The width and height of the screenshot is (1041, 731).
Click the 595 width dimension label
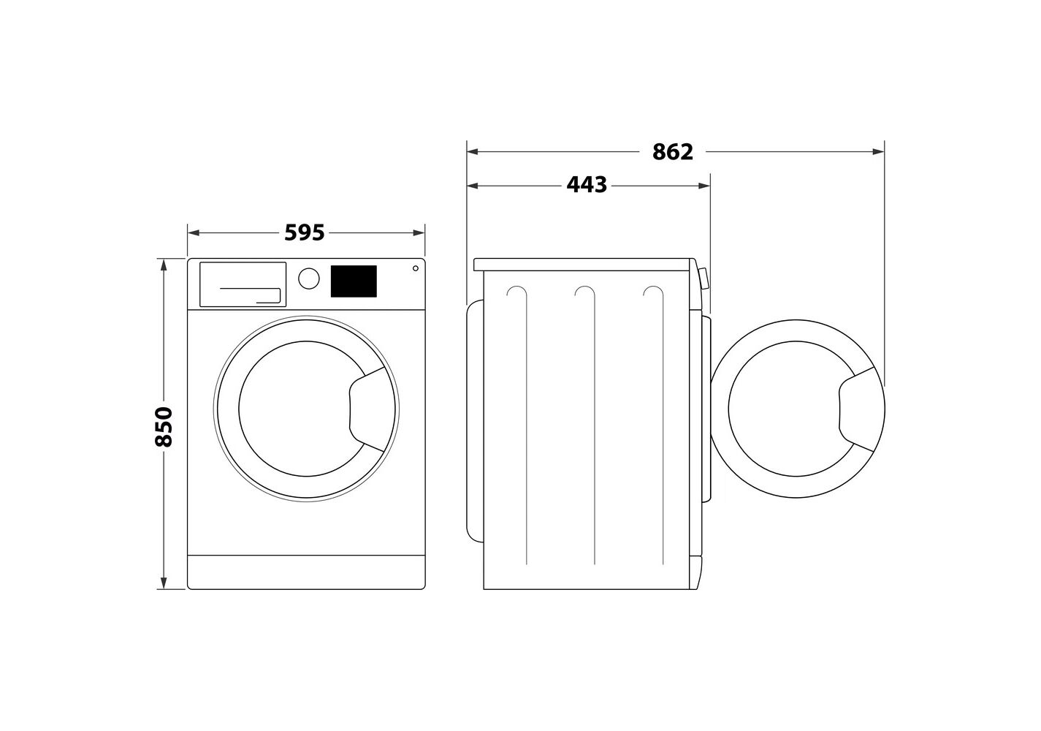(305, 233)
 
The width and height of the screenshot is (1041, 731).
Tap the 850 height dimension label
(164, 427)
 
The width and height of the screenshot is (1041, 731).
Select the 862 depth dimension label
(673, 152)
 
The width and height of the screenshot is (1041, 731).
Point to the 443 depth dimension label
(587, 185)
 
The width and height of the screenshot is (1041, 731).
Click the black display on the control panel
(354, 281)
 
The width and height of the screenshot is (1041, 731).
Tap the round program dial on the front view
(308, 279)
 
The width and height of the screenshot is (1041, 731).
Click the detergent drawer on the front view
(243, 284)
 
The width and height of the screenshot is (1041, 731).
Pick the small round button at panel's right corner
(416, 268)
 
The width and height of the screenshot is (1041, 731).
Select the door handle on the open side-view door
(856, 409)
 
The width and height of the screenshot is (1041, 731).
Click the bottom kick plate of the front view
(306, 572)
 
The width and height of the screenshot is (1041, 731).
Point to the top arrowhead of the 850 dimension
(164, 264)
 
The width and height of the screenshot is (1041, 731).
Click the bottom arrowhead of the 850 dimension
(164, 583)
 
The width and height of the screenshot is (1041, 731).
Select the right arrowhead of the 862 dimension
(878, 151)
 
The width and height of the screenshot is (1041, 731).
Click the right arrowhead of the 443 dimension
(704, 186)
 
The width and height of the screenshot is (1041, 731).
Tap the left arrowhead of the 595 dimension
(194, 233)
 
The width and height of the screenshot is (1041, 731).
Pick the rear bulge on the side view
(475, 421)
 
